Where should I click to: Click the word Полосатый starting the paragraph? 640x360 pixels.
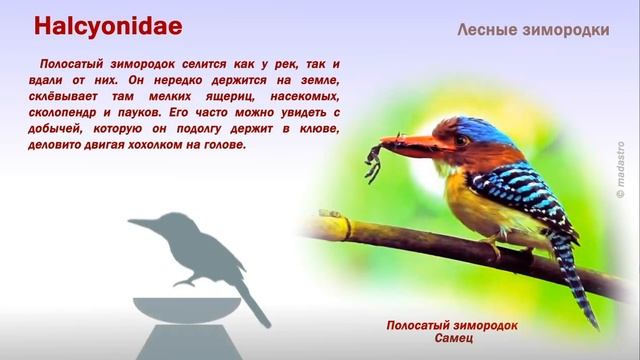click(75, 65)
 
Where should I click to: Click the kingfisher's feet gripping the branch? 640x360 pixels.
click(490, 246)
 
